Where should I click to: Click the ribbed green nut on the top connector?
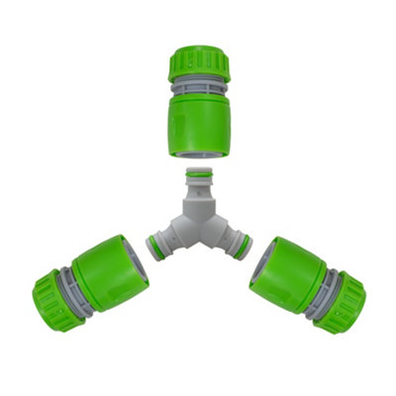(199, 61)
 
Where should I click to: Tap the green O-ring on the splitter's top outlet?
(199, 178)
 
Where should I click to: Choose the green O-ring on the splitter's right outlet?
(245, 246)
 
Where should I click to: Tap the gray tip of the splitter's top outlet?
(199, 171)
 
